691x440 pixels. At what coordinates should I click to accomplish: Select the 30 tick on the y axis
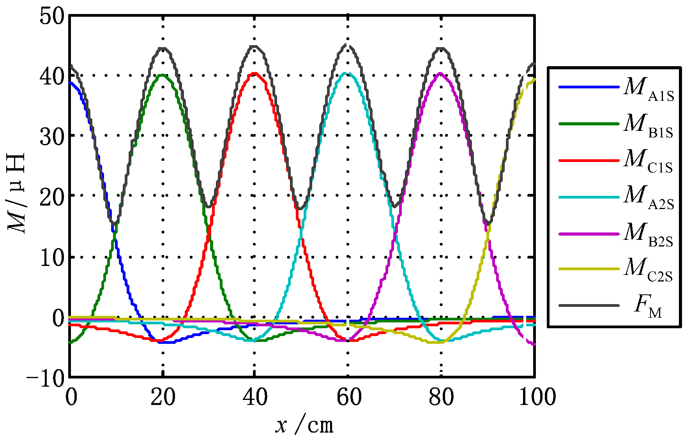click(x=51, y=136)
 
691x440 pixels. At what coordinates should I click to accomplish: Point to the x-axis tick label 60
click(x=348, y=397)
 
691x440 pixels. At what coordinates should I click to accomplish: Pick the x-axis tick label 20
click(x=163, y=397)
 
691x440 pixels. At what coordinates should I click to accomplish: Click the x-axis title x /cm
click(x=304, y=425)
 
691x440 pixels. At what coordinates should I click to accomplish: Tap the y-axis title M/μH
click(x=16, y=193)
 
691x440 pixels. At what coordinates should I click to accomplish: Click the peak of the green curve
click(x=163, y=75)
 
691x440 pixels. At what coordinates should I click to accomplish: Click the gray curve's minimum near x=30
click(x=209, y=206)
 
